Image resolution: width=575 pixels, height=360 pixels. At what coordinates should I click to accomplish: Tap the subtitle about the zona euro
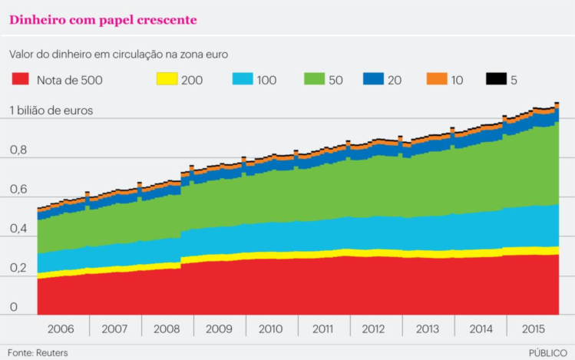119,54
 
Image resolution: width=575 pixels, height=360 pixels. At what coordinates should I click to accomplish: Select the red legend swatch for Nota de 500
21,79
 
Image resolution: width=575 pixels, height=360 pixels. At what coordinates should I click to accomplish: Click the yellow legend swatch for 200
167,79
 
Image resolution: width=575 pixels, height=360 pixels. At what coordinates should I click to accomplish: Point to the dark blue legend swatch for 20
375,79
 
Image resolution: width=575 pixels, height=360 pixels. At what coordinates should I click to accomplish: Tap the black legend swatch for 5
497,79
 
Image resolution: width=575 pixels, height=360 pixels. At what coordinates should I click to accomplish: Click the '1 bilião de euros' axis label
51,111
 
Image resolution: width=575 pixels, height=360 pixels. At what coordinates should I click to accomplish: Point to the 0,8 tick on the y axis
19,150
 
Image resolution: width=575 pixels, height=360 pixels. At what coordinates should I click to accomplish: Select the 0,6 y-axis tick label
19,190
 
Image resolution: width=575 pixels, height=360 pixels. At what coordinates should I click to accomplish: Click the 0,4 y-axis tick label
19,229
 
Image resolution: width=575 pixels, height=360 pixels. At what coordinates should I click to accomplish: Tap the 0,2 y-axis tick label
19,268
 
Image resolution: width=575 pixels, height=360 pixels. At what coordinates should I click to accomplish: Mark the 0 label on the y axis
13,307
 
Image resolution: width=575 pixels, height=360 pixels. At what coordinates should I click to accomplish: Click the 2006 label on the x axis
61,329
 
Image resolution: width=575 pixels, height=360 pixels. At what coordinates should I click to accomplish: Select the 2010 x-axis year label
270,329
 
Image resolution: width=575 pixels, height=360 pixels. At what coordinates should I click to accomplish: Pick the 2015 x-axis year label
532,329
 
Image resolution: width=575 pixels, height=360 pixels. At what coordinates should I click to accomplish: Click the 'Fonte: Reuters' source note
38,352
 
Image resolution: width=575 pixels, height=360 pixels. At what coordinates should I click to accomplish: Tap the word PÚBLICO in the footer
548,352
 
